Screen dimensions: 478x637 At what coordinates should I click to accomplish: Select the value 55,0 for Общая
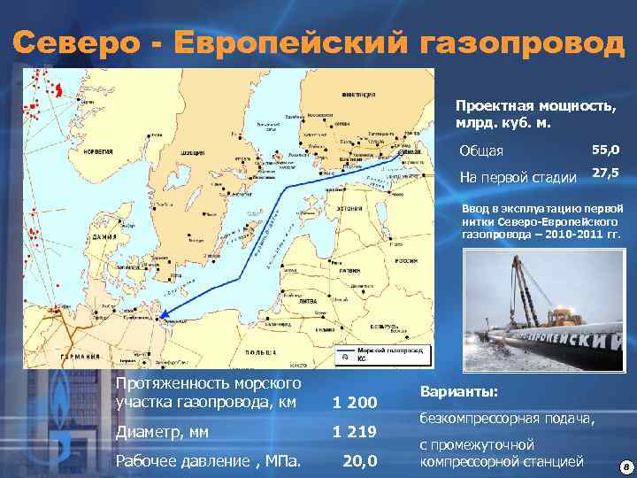click(605, 151)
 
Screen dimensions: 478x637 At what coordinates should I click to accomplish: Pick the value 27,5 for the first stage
click(605, 174)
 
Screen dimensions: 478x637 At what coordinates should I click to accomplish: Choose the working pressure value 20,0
click(359, 461)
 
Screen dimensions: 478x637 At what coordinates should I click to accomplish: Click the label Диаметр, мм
click(163, 433)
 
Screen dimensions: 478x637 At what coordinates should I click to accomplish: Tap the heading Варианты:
click(459, 391)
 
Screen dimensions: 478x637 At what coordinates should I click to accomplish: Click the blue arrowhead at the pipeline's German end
click(167, 311)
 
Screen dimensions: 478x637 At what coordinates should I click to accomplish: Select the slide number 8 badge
click(625, 466)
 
